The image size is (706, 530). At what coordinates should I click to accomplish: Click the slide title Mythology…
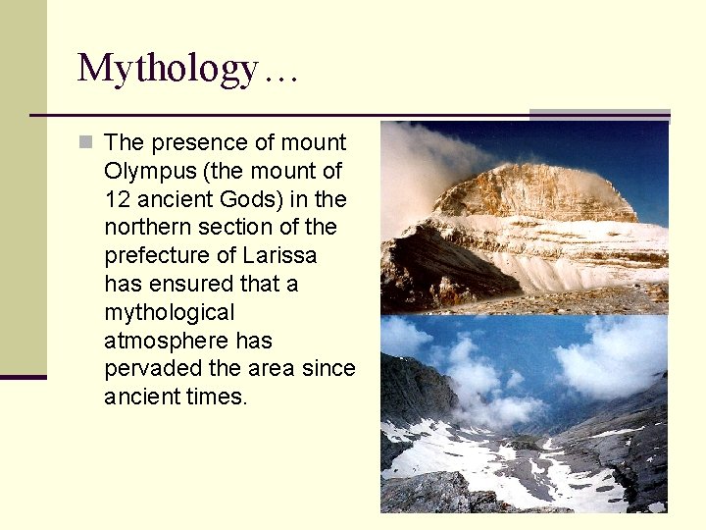click(187, 68)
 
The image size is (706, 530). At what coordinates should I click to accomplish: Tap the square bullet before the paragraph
click(86, 142)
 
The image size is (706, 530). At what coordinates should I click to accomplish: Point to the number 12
click(117, 199)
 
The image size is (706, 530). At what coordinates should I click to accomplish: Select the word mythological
click(170, 313)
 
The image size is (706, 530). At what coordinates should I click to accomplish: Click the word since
click(328, 369)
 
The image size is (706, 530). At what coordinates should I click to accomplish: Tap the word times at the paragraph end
click(217, 397)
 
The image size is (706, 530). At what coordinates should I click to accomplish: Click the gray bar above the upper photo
click(599, 115)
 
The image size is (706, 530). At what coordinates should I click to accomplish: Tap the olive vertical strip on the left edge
click(23, 186)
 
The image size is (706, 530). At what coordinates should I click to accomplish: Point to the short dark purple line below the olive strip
click(23, 377)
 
